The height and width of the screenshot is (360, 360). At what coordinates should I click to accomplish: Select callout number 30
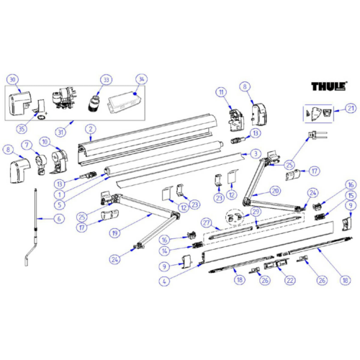click(12, 81)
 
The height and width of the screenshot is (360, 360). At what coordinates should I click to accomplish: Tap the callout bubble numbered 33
click(107, 79)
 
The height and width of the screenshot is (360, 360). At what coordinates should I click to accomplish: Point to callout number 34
click(140, 79)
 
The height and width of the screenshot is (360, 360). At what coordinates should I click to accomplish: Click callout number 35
click(21, 129)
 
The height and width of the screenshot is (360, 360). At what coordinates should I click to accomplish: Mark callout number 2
click(90, 130)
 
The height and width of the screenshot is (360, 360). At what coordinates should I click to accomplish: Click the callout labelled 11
click(222, 91)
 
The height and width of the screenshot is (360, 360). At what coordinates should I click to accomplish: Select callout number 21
click(351, 109)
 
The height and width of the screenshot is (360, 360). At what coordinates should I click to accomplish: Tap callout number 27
click(205, 222)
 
